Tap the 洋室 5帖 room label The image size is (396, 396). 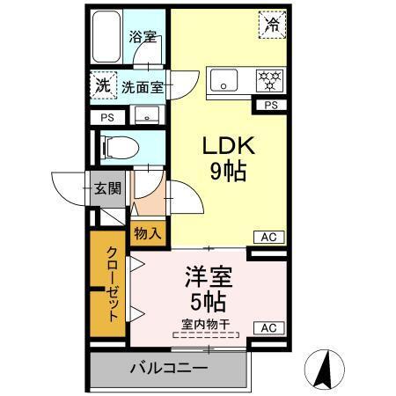point(208,290)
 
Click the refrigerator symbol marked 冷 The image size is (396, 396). point(273,25)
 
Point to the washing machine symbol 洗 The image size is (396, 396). point(103,86)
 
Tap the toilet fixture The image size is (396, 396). point(119,146)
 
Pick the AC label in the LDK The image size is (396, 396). point(268,237)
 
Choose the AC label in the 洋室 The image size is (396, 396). point(268,328)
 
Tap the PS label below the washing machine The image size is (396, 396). point(106,117)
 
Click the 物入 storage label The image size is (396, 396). point(148,233)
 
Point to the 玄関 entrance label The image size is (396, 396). point(109,187)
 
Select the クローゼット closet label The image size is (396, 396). point(112,283)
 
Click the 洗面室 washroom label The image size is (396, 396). point(142,87)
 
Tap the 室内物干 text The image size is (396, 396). point(206,324)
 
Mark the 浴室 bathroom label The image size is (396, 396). point(143,37)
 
